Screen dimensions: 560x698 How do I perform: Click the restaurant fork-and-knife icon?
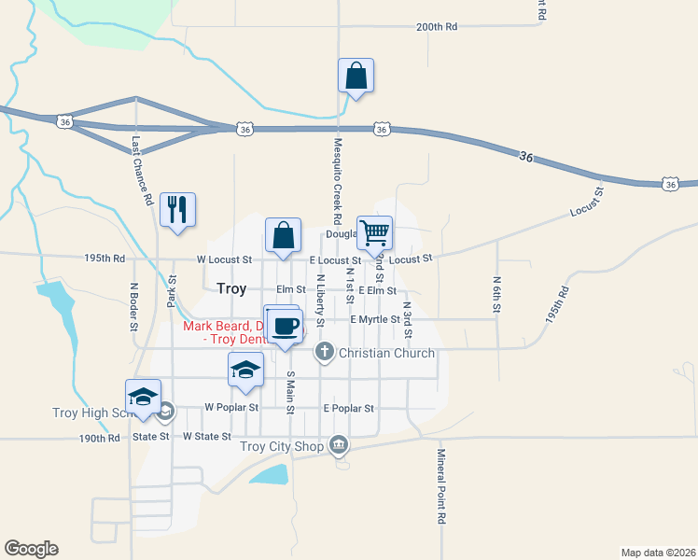pos(177,209)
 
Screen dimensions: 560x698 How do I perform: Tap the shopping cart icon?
pos(374,233)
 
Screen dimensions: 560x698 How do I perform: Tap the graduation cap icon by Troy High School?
pos(144,397)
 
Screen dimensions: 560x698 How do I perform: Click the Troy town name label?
pos(231,289)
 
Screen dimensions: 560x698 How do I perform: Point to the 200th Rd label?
pos(437,27)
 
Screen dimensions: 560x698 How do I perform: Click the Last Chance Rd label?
pos(142,171)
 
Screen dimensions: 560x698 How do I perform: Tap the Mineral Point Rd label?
pos(440,485)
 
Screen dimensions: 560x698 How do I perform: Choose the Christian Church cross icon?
pos(324,352)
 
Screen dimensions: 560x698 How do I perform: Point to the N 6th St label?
pos(496,294)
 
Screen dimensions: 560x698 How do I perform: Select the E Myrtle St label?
pos(374,319)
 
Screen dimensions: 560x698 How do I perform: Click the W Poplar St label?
pos(229,408)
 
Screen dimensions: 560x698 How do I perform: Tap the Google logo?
pos(31,549)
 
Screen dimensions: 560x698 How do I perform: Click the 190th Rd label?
pos(100,437)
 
